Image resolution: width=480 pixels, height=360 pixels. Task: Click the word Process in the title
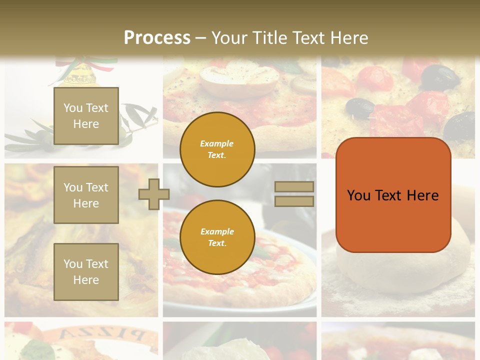click(x=157, y=38)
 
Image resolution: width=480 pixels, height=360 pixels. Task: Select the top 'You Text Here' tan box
click(x=86, y=116)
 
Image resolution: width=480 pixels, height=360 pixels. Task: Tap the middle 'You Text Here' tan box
click(x=86, y=195)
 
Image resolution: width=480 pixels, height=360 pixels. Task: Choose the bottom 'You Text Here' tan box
click(x=86, y=272)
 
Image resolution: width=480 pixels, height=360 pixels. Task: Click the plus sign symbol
click(x=154, y=194)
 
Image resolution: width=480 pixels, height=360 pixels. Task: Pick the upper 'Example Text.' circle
click(x=217, y=149)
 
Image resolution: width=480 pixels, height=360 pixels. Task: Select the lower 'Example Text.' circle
click(x=217, y=237)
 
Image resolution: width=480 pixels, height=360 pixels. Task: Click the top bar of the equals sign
click(x=294, y=187)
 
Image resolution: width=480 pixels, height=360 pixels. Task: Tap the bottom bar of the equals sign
click(x=294, y=201)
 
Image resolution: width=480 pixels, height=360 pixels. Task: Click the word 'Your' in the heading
click(x=229, y=38)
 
